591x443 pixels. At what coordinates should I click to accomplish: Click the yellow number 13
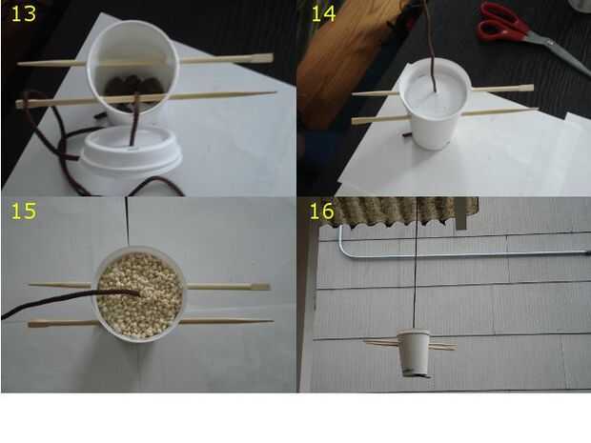tap(24, 13)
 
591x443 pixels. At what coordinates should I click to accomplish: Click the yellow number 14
tap(323, 13)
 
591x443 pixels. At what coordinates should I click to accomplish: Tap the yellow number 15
tap(24, 211)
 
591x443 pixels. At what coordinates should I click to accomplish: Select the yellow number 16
tap(321, 211)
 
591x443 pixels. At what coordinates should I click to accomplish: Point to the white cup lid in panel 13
tap(132, 151)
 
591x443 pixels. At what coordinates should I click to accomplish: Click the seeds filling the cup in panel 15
tap(140, 294)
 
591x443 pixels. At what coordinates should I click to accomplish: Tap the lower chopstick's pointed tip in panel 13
tap(275, 91)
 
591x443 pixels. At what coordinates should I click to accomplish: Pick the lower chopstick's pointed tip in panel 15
tap(272, 321)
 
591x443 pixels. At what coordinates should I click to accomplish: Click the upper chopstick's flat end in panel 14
tap(523, 89)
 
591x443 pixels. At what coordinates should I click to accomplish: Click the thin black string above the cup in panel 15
tap(127, 221)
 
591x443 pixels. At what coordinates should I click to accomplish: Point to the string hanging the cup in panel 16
tap(416, 264)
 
